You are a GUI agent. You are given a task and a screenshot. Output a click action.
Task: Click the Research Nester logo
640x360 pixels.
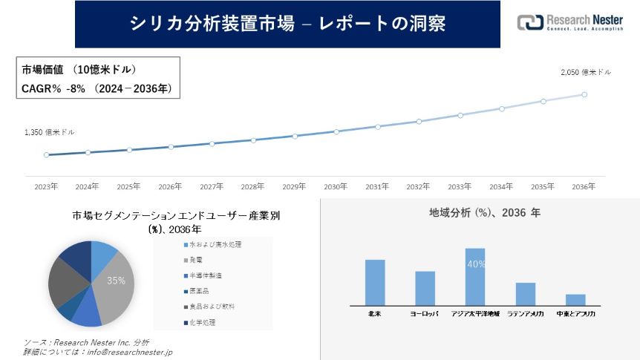click(x=569, y=23)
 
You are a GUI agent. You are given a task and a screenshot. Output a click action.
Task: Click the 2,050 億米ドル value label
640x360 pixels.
click(x=586, y=73)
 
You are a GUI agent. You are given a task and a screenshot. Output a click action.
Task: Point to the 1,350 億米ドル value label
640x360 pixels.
click(x=50, y=132)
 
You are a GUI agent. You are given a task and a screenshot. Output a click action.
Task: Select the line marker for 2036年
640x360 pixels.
click(x=584, y=94)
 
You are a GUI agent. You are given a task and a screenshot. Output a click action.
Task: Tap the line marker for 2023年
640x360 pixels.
click(x=46, y=155)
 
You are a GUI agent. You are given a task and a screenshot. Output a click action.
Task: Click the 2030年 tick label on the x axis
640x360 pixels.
click(x=336, y=186)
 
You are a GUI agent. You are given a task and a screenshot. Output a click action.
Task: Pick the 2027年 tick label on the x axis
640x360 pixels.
click(x=212, y=186)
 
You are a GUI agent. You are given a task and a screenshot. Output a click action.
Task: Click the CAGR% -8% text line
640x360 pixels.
click(x=97, y=89)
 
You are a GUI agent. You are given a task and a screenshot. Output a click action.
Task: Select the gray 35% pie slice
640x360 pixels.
click(x=114, y=282)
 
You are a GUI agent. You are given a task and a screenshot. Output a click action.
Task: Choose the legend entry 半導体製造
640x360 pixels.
click(x=204, y=275)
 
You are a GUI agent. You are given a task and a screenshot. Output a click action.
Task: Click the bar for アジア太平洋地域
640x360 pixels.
click(x=474, y=276)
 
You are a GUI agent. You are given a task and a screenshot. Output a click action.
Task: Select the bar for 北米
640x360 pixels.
click(x=375, y=282)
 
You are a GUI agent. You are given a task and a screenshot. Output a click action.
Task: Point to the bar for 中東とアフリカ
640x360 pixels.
click(x=575, y=299)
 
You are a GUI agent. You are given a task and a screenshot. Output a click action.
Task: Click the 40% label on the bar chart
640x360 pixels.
click(x=475, y=264)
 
